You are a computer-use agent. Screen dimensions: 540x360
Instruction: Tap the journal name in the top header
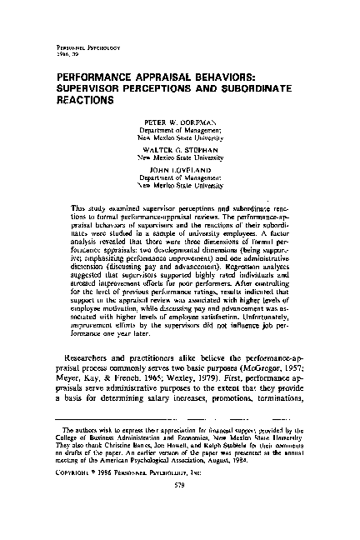pos(81,54)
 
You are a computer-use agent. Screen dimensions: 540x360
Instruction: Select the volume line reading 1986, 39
pos(67,61)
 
